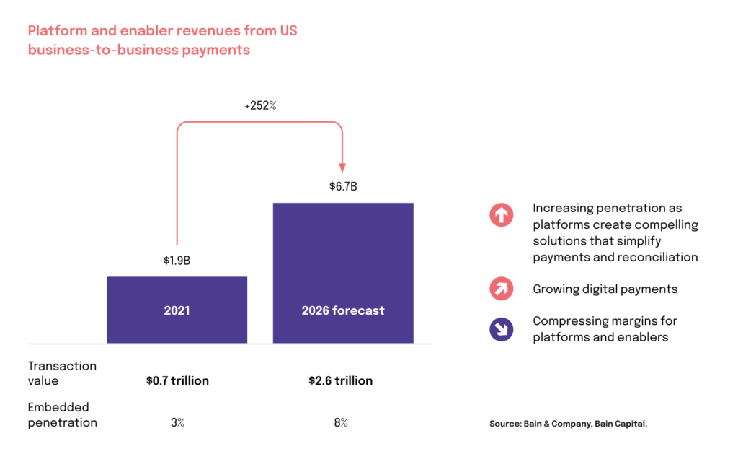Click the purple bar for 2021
[177, 310]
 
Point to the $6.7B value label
[342, 187]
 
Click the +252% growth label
[260, 105]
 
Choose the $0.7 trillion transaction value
[177, 380]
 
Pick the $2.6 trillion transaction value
[341, 380]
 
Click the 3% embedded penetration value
[177, 422]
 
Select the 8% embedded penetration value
[341, 422]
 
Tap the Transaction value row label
[62, 373]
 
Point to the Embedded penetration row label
[62, 415]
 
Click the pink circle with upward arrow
[501, 215]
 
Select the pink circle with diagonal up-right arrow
[501, 289]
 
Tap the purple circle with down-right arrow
[501, 329]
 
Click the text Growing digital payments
[605, 289]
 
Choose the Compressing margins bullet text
[605, 328]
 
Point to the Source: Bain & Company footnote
[568, 424]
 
